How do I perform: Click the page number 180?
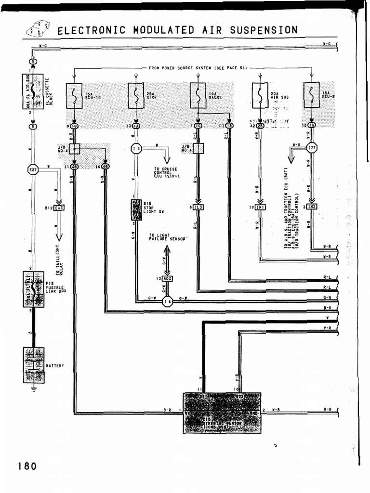26,467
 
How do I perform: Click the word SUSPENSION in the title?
264,30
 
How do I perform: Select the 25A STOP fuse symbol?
136,95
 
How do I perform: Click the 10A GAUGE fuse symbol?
198,95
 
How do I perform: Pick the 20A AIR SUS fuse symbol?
260,95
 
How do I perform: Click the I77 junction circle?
312,148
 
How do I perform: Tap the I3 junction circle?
136,148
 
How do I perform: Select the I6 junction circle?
168,302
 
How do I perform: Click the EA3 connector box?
59,208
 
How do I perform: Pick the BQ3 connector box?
167,279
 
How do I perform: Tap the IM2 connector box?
312,207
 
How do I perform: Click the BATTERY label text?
55,366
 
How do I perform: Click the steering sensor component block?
222,413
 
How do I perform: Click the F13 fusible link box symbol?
33,289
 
